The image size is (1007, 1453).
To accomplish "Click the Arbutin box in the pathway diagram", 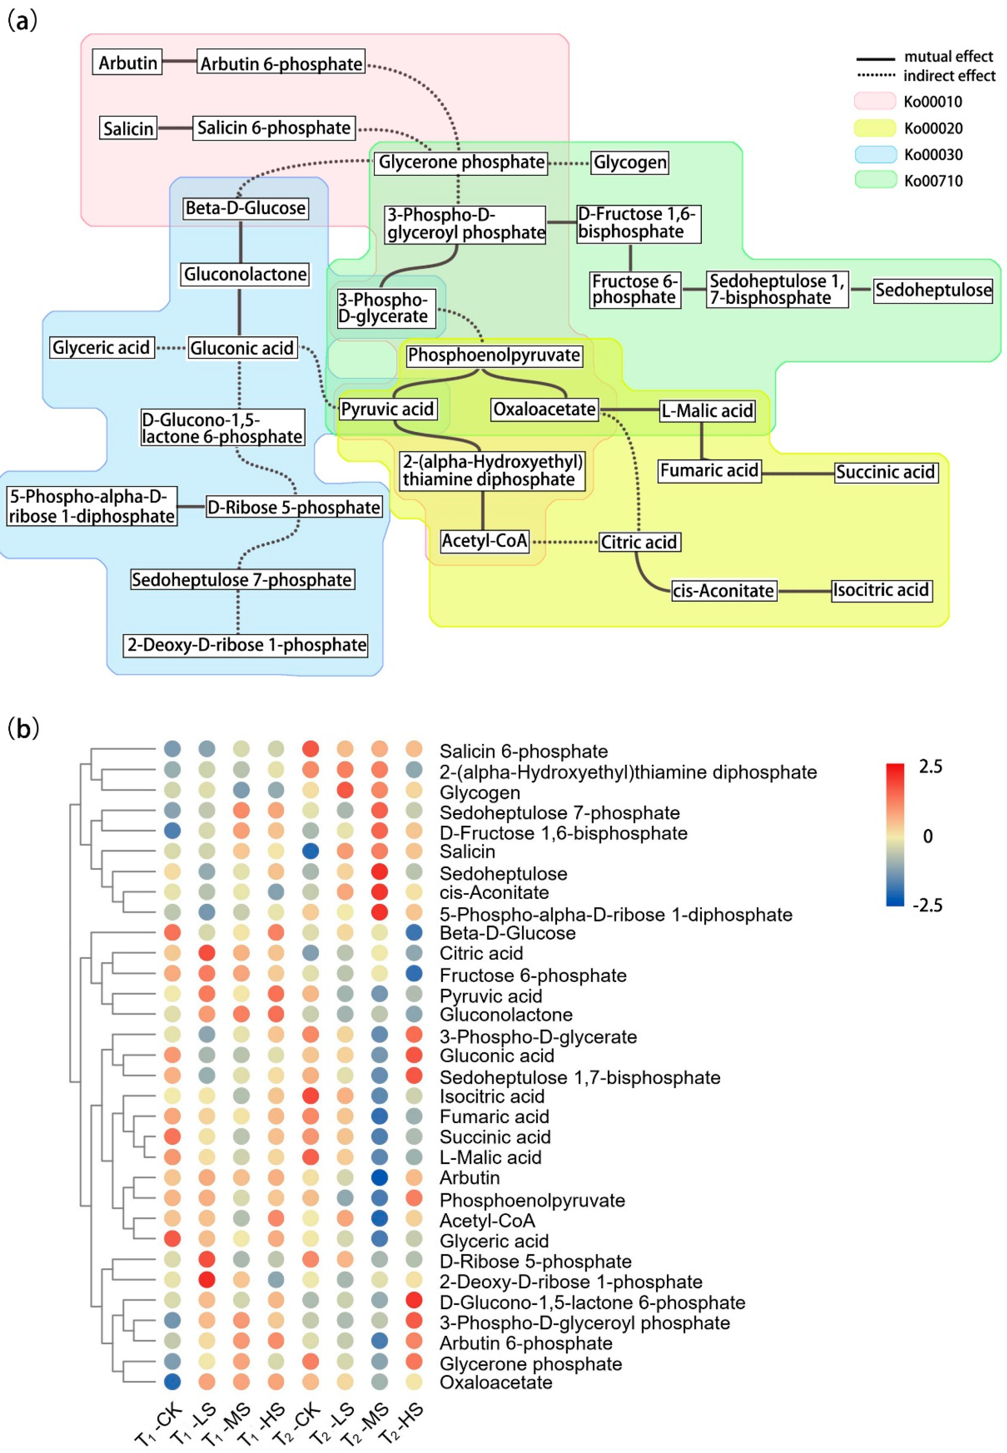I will click(127, 63).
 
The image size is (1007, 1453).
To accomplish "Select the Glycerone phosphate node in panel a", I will click(461, 162).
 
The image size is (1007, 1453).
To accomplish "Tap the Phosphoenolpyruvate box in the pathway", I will click(494, 355).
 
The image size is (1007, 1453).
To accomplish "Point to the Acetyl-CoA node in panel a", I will click(484, 541).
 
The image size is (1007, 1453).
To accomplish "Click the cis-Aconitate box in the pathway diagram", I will click(723, 591).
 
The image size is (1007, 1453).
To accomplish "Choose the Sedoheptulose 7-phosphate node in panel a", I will click(242, 580).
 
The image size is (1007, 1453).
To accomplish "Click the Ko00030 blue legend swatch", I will click(875, 155).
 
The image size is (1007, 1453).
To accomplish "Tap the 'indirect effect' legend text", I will click(949, 76).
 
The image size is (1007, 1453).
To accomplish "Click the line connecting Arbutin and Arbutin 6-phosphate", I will click(179, 61).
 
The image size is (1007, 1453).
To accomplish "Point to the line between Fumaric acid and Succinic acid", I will click(798, 473).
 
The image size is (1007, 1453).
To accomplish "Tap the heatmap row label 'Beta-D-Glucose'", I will click(507, 933).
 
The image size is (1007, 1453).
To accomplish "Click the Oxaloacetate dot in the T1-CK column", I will click(172, 1382).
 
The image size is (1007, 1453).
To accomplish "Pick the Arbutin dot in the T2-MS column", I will click(379, 1177).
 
